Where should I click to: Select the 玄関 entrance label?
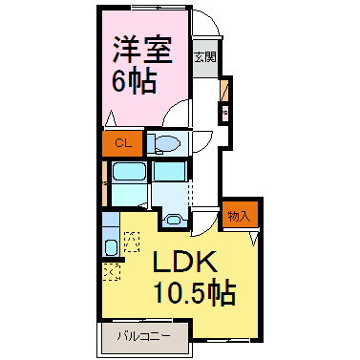[204, 56]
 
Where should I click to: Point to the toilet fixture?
[164, 144]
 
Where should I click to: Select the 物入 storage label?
[239, 216]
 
